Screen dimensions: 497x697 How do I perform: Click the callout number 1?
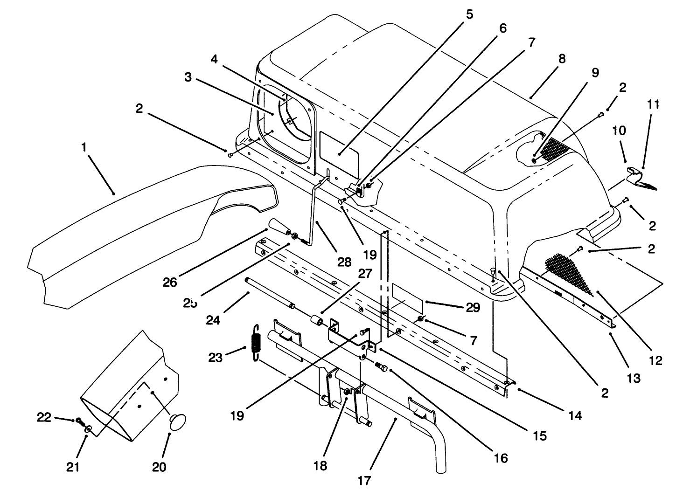coord(84,148)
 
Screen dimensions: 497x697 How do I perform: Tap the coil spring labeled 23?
coord(255,343)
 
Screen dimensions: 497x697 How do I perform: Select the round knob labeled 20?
coord(176,421)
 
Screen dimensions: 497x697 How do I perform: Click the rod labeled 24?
coord(268,290)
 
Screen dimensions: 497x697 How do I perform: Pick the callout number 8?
coord(562,59)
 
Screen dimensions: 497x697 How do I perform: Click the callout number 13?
coord(634,378)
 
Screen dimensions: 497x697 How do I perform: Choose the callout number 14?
coord(576,415)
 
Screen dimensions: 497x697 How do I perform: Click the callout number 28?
coord(344,262)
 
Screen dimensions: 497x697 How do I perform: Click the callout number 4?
coord(214,59)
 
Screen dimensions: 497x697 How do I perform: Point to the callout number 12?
coord(655,360)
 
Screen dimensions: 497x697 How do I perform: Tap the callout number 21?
coord(73,466)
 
